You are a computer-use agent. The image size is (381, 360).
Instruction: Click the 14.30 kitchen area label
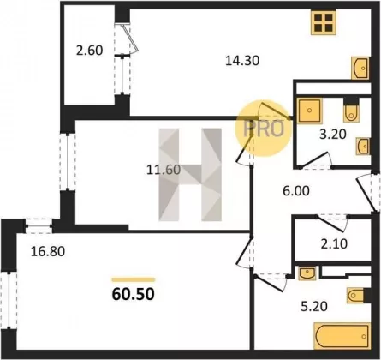pyautogui.click(x=242, y=61)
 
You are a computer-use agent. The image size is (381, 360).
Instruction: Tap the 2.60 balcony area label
pyautogui.click(x=89, y=51)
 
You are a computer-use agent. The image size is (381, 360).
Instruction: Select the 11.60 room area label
pyautogui.click(x=164, y=170)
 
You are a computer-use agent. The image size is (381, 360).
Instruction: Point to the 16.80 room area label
pyautogui.click(x=48, y=251)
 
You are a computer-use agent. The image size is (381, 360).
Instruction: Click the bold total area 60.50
pyautogui.click(x=134, y=294)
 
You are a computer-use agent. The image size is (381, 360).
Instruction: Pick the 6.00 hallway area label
pyautogui.click(x=296, y=191)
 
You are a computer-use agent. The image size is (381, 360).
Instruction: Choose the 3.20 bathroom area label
pyautogui.click(x=333, y=134)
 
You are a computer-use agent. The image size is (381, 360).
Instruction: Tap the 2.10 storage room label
pyautogui.click(x=334, y=244)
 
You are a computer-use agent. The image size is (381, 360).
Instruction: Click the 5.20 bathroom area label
pyautogui.click(x=314, y=307)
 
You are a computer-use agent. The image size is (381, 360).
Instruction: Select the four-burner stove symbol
pyautogui.click(x=324, y=22)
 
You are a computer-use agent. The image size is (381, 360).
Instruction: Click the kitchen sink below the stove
pyautogui.click(x=360, y=68)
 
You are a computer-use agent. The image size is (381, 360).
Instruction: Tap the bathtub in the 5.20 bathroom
pyautogui.click(x=342, y=336)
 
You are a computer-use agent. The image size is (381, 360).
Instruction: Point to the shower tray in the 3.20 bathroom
pyautogui.click(x=309, y=111)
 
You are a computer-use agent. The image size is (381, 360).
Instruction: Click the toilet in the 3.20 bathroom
pyautogui.click(x=351, y=112)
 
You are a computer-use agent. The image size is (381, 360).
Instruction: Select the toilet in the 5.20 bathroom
pyautogui.click(x=355, y=295)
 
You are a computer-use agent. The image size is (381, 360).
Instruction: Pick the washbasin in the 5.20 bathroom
pyautogui.click(x=307, y=273)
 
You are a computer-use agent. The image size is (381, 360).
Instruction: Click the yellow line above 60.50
pyautogui.click(x=134, y=279)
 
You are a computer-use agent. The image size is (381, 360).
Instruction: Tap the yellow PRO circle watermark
pyautogui.click(x=263, y=129)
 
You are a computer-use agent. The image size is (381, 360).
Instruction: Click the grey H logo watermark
pyautogui.click(x=190, y=175)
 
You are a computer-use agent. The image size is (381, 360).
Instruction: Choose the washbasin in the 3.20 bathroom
pyautogui.click(x=363, y=146)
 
